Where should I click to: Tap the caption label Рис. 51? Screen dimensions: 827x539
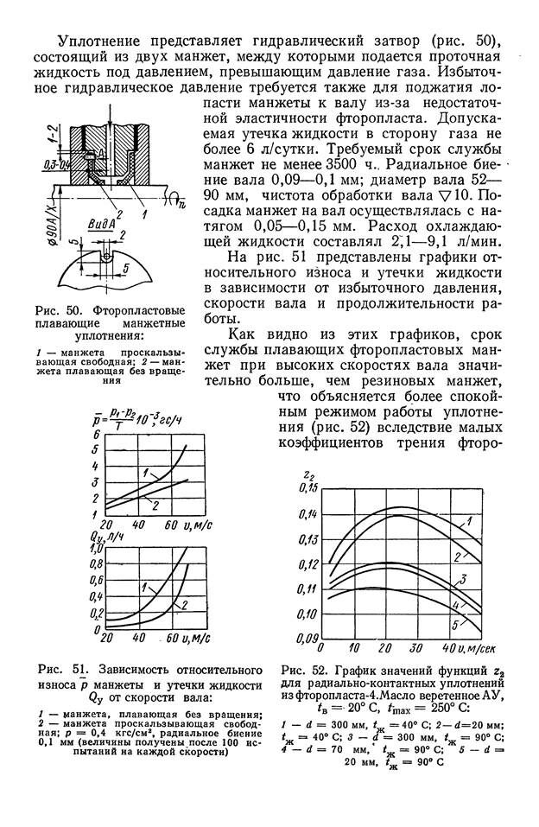tap(59, 670)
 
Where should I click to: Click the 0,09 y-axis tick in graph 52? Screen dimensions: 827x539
tap(307, 638)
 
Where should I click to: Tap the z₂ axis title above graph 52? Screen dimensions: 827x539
tap(308, 472)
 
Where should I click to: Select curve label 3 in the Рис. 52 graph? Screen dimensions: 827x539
tap(464, 579)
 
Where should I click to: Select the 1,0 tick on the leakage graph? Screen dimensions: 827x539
tap(96, 548)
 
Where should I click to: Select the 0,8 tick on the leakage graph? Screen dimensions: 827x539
tap(96, 565)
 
